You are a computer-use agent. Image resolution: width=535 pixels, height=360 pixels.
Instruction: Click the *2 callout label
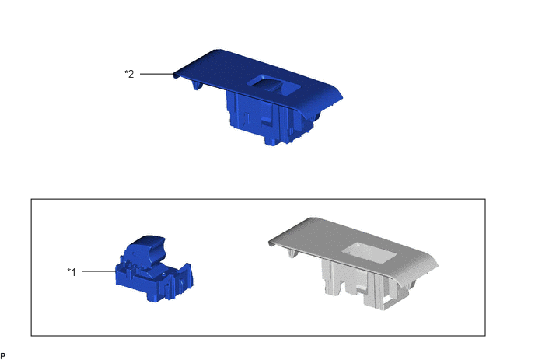(x=129, y=74)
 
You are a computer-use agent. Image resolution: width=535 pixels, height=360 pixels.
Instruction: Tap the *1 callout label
(x=72, y=272)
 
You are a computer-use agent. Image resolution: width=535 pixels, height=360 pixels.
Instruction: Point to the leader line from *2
(x=157, y=74)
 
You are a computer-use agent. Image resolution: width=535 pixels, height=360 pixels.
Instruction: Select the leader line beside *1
(x=99, y=271)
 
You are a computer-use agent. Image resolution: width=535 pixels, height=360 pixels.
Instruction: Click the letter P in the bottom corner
(x=3, y=356)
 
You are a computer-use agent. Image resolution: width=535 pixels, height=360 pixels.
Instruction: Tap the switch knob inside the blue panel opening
(x=270, y=83)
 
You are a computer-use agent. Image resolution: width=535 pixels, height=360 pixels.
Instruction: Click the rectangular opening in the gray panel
(x=369, y=253)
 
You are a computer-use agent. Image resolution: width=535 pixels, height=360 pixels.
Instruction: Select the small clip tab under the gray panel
(x=292, y=253)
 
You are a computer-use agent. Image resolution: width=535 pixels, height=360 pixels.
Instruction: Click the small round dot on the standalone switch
(x=164, y=274)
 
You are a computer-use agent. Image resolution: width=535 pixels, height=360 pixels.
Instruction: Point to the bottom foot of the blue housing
(x=271, y=141)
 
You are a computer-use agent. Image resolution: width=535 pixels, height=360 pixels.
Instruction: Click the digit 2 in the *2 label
(x=131, y=74)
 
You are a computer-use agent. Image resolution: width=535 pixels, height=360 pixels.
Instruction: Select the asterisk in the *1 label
(x=68, y=271)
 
